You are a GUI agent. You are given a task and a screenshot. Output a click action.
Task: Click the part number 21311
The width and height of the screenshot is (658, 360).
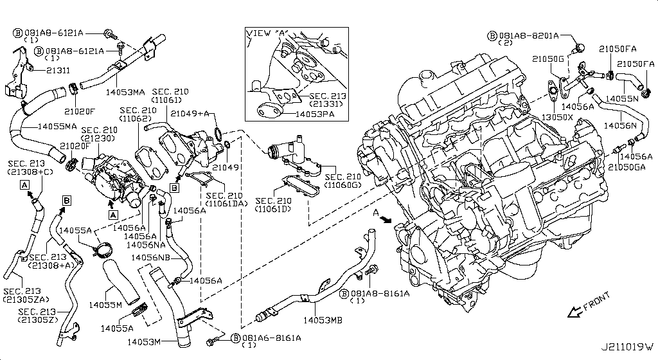pos(58,69)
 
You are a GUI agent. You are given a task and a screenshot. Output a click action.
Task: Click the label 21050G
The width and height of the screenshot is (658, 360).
pos(548,59)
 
